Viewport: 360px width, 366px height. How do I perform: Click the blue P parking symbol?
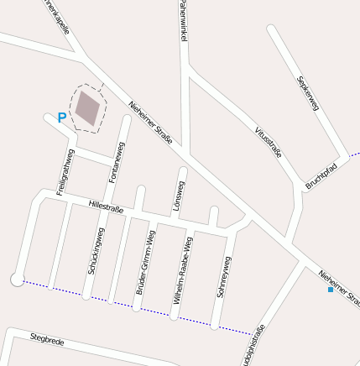[x=61, y=118]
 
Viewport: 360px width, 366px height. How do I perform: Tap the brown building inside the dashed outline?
[x=87, y=107]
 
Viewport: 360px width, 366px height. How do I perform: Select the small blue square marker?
[x=330, y=290]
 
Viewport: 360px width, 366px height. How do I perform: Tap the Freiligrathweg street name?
[x=65, y=172]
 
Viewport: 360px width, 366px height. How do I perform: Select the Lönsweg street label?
[x=179, y=194]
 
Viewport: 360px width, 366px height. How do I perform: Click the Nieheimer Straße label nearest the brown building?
[x=150, y=123]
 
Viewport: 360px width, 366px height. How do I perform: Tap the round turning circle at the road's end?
[x=17, y=279]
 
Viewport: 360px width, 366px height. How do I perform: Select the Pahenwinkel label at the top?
[x=182, y=21]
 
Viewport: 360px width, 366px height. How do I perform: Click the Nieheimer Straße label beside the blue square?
[x=341, y=287]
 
